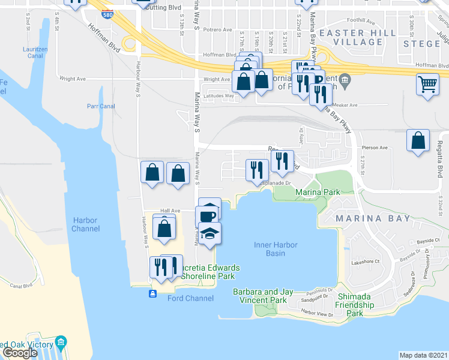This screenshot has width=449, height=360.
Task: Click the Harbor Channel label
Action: tap(85, 224)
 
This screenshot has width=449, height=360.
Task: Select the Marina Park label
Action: tap(317, 192)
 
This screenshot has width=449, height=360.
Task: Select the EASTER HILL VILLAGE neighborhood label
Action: tap(351, 37)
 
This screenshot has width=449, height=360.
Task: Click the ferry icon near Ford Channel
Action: tap(152, 293)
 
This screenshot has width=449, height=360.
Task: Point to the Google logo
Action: tap(20, 353)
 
